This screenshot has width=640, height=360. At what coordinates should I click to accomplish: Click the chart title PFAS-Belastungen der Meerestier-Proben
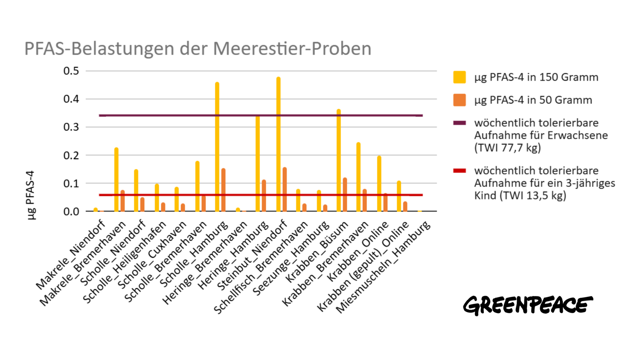click(198, 49)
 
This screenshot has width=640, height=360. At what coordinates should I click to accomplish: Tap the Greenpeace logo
click(528, 305)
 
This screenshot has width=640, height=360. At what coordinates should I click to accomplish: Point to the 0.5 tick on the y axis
click(71, 71)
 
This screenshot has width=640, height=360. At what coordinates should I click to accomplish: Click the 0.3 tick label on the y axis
click(71, 127)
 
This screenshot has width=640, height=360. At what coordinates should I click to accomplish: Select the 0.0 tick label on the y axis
click(71, 212)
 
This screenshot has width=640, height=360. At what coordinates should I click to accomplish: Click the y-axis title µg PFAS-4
click(30, 195)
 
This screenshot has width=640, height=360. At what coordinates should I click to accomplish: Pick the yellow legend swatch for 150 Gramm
click(460, 77)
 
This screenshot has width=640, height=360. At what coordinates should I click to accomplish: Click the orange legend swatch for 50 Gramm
click(460, 100)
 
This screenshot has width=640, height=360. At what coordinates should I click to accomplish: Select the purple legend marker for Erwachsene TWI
click(460, 123)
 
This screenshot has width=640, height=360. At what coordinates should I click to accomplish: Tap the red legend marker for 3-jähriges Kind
click(460, 171)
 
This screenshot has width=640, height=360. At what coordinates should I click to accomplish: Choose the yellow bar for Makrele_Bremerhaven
click(116, 180)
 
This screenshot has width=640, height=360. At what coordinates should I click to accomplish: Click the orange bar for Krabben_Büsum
click(345, 195)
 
